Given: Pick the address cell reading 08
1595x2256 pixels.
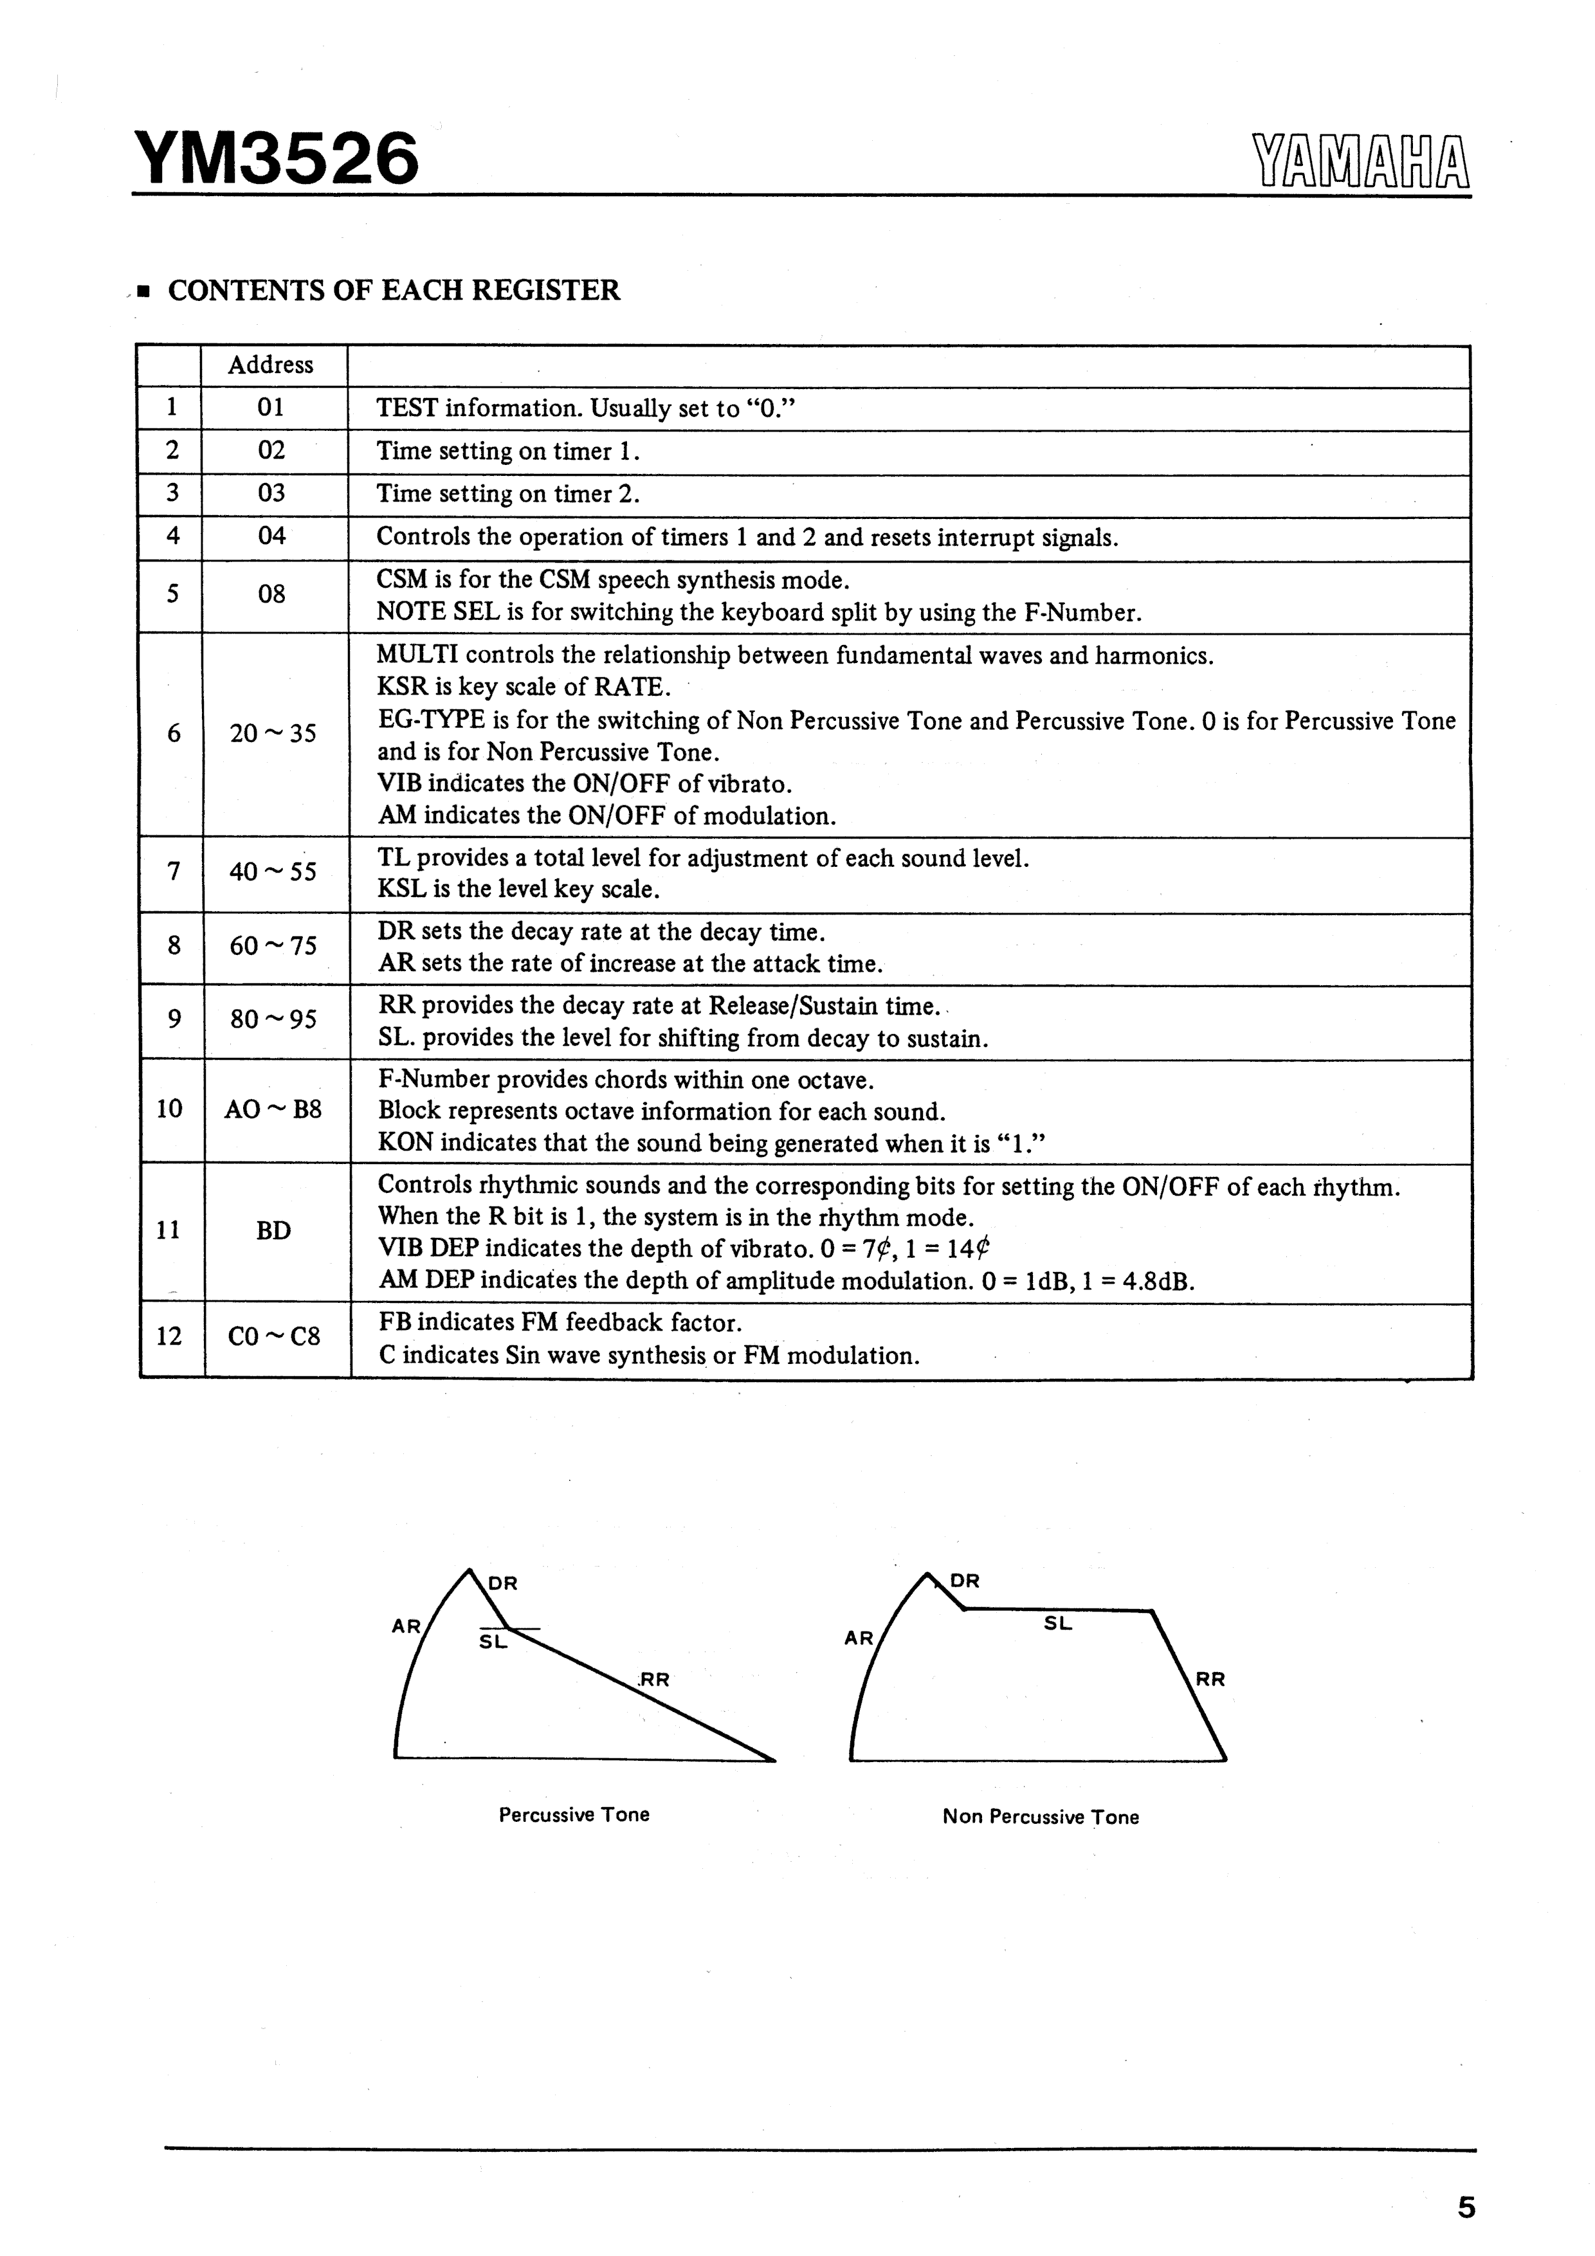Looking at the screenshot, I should click(271, 594).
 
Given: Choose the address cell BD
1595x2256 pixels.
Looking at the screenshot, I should click(273, 1231).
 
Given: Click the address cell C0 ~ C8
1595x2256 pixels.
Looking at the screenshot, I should click(274, 1336).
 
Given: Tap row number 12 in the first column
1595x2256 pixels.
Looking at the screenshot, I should click(169, 1336).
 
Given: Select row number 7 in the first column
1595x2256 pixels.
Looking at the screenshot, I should click(173, 871).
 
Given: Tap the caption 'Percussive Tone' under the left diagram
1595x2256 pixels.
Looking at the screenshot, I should click(574, 1815).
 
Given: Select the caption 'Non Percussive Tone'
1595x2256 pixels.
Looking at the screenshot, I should click(1041, 1817).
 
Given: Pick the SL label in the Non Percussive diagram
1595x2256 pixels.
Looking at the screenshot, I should click(1057, 1624).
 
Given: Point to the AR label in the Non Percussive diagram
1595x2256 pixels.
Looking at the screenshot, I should click(858, 1638).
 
